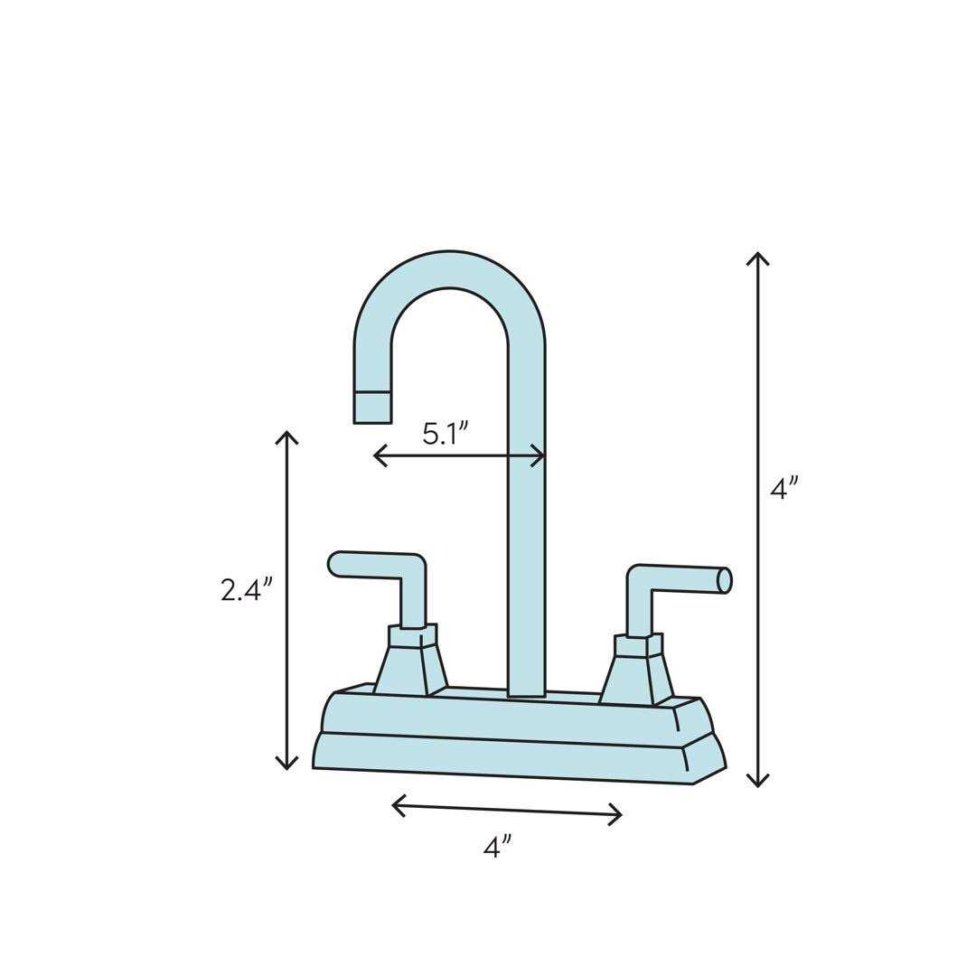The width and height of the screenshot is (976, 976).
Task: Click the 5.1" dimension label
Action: [445, 433]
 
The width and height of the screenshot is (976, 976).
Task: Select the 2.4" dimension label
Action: [246, 589]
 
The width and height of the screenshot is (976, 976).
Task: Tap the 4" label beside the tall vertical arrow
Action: [784, 488]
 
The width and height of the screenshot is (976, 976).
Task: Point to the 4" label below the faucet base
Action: [497, 847]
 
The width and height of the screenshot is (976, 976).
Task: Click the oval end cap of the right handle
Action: [724, 580]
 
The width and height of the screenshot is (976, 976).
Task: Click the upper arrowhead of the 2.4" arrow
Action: [286, 436]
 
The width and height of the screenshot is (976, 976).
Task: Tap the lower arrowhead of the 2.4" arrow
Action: [286, 765]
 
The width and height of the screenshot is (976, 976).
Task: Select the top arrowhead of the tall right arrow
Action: [757, 257]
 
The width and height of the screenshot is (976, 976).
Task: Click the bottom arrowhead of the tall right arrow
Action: [757, 783]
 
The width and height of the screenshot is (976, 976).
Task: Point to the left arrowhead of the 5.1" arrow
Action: [379, 455]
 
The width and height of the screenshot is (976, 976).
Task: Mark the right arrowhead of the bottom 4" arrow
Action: [617, 815]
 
